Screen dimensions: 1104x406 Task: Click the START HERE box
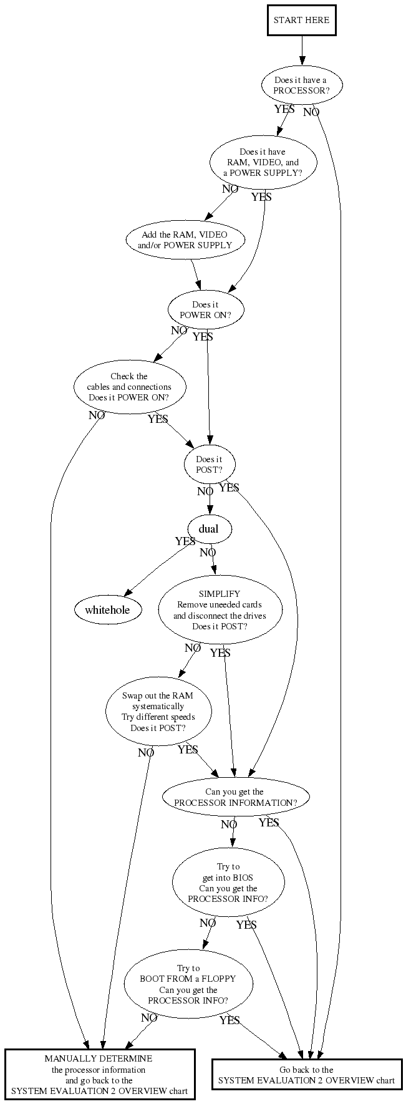click(x=301, y=20)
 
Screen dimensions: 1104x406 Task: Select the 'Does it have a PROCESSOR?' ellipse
click(x=301, y=85)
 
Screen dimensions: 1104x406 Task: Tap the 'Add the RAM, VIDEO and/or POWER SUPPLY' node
click(x=185, y=240)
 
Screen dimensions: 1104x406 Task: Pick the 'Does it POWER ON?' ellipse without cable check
click(x=205, y=309)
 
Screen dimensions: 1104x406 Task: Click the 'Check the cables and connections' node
click(x=130, y=387)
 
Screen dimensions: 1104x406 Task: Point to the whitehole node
click(x=107, y=609)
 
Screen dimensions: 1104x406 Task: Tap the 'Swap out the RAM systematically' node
click(x=158, y=712)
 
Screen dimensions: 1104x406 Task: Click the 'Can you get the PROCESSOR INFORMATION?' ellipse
click(x=235, y=797)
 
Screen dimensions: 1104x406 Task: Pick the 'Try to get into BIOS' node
click(x=228, y=883)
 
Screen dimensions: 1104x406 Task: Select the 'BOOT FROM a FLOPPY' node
click(x=188, y=984)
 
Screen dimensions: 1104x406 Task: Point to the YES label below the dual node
click(x=185, y=541)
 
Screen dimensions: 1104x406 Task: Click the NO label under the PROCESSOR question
click(x=311, y=112)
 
